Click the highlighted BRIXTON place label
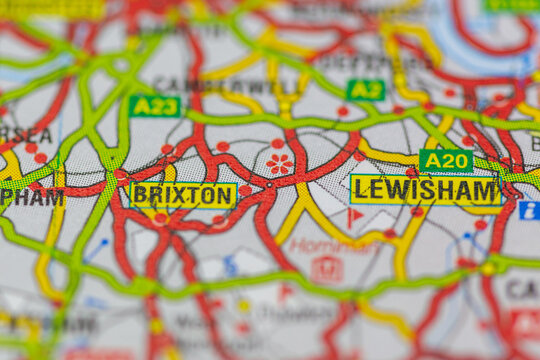(x=183, y=195)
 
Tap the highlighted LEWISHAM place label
(x=425, y=190)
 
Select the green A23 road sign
(x=155, y=106)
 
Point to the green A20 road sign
(x=446, y=160)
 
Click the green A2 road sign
(x=365, y=90)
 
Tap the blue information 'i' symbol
(x=528, y=210)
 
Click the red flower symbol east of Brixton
(x=279, y=163)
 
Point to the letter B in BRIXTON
(x=141, y=195)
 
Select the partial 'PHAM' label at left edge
(x=30, y=197)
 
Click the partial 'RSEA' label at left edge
(x=25, y=135)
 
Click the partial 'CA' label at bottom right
(x=521, y=289)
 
